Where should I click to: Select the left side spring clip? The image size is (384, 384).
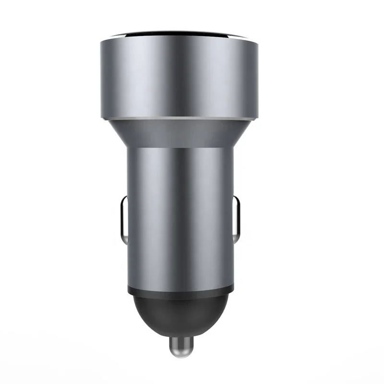click(x=123, y=218)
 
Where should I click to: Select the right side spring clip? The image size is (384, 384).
click(x=237, y=218)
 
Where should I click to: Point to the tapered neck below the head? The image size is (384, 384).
click(x=180, y=132)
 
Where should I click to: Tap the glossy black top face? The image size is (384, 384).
click(x=180, y=36)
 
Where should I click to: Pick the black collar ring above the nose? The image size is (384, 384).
click(x=180, y=289)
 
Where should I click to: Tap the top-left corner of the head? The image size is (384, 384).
click(x=101, y=42)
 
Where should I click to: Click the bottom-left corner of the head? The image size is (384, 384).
click(x=101, y=116)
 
